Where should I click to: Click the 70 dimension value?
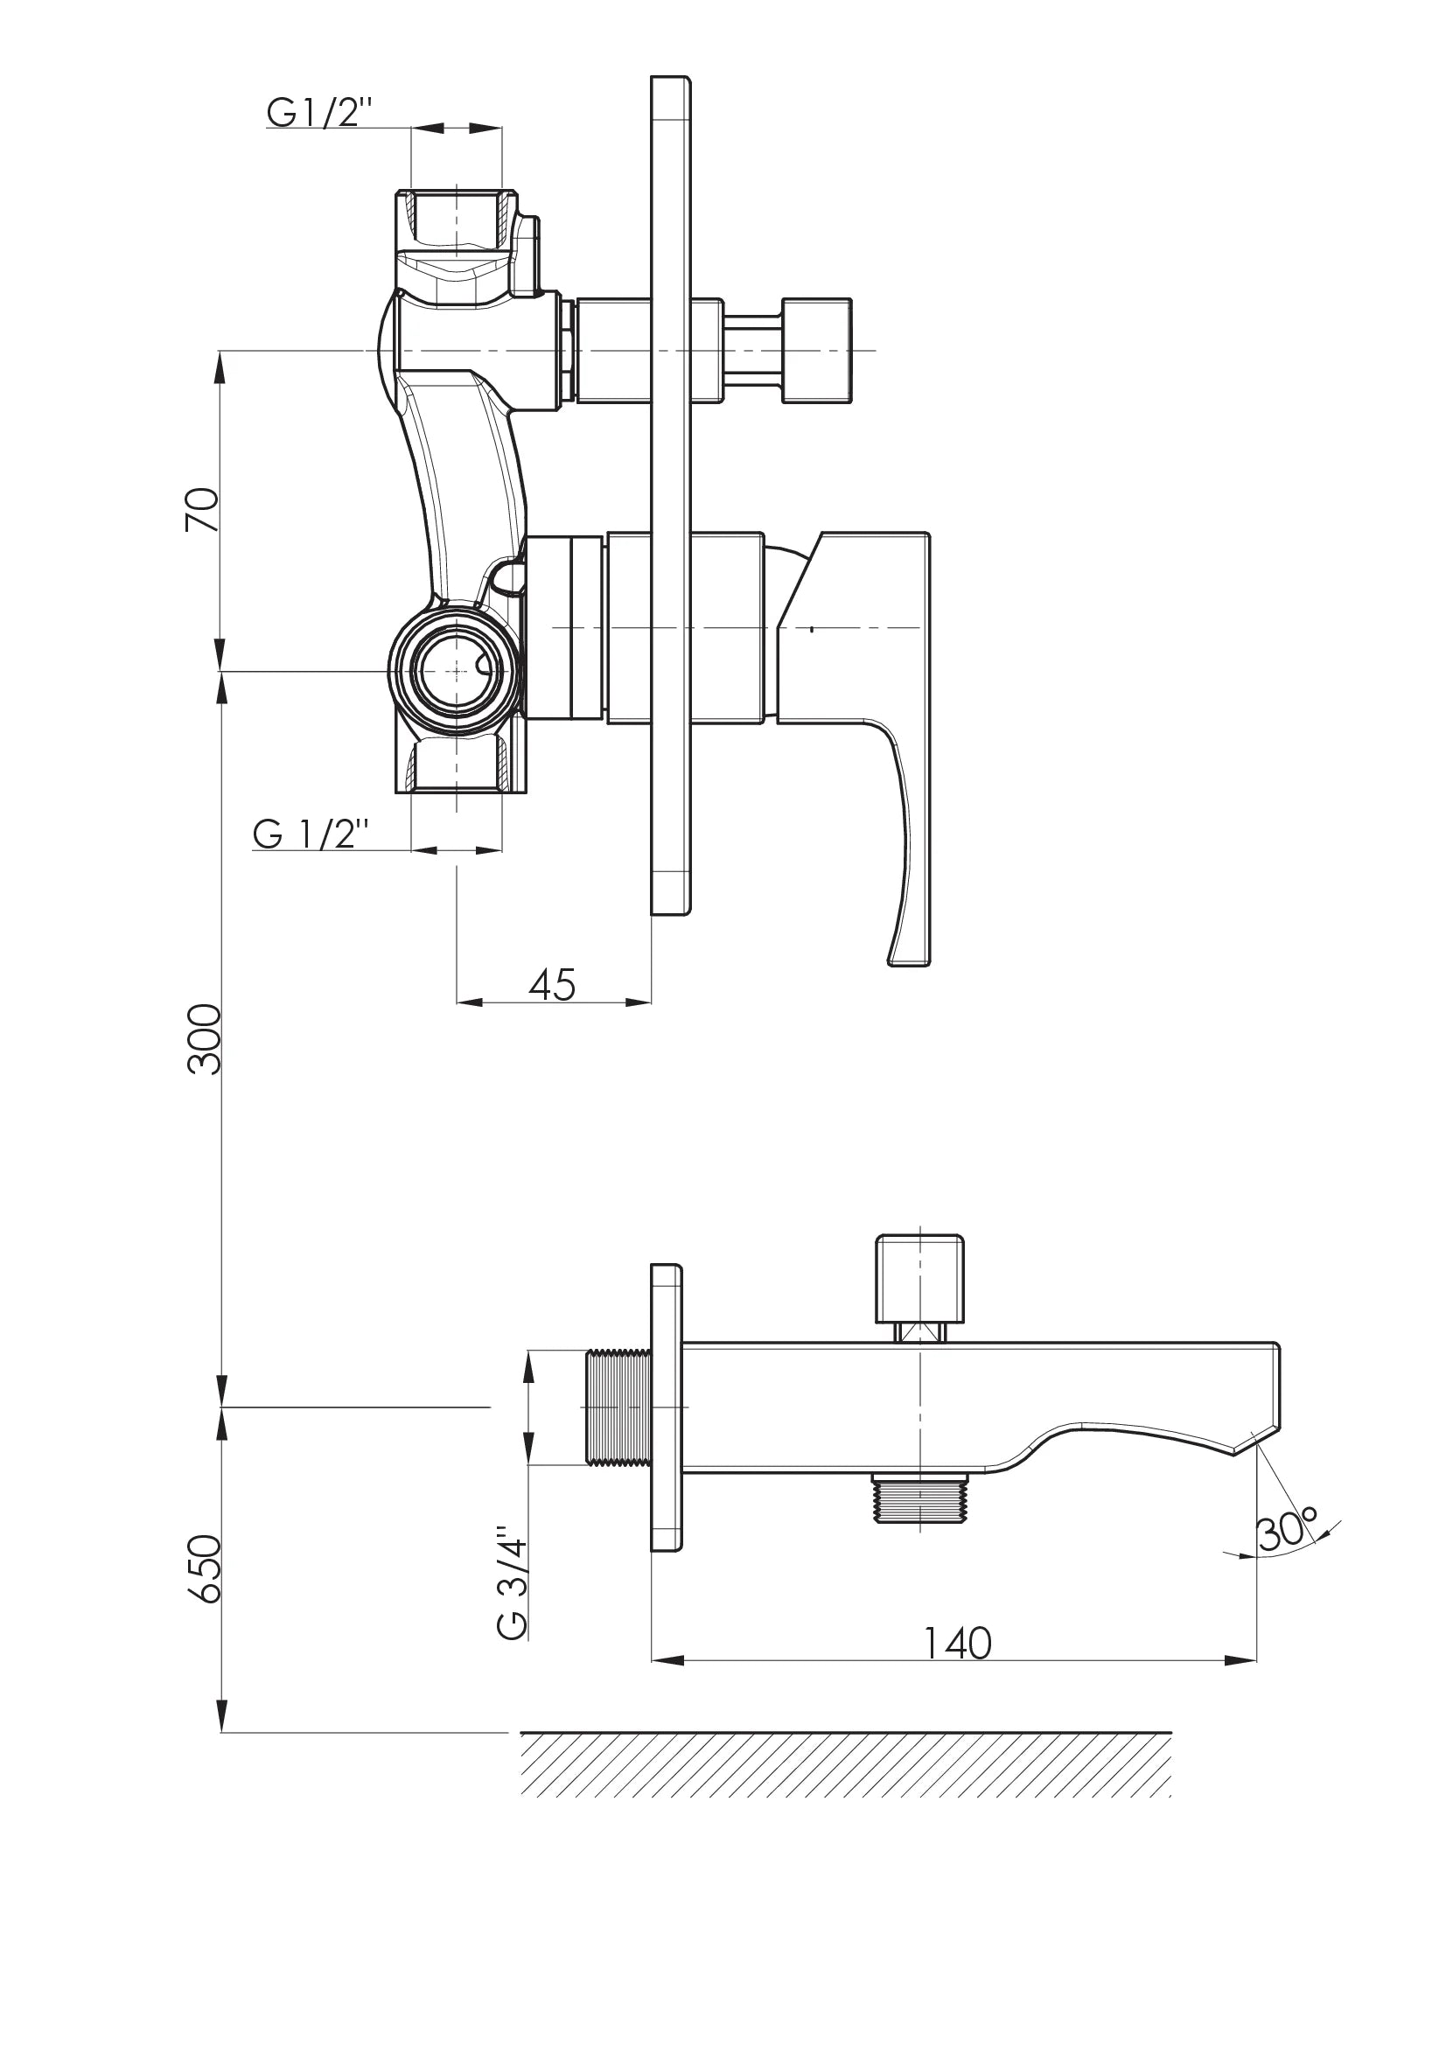tap(202, 510)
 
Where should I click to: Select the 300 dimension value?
tap(204, 1039)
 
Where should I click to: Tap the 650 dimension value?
tap(204, 1568)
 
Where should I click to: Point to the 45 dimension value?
tap(551, 985)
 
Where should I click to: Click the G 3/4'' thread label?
tap(513, 1582)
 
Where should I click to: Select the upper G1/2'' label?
tap(318, 112)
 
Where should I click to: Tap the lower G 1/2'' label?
tap(310, 834)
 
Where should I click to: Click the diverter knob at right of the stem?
tap(816, 350)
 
